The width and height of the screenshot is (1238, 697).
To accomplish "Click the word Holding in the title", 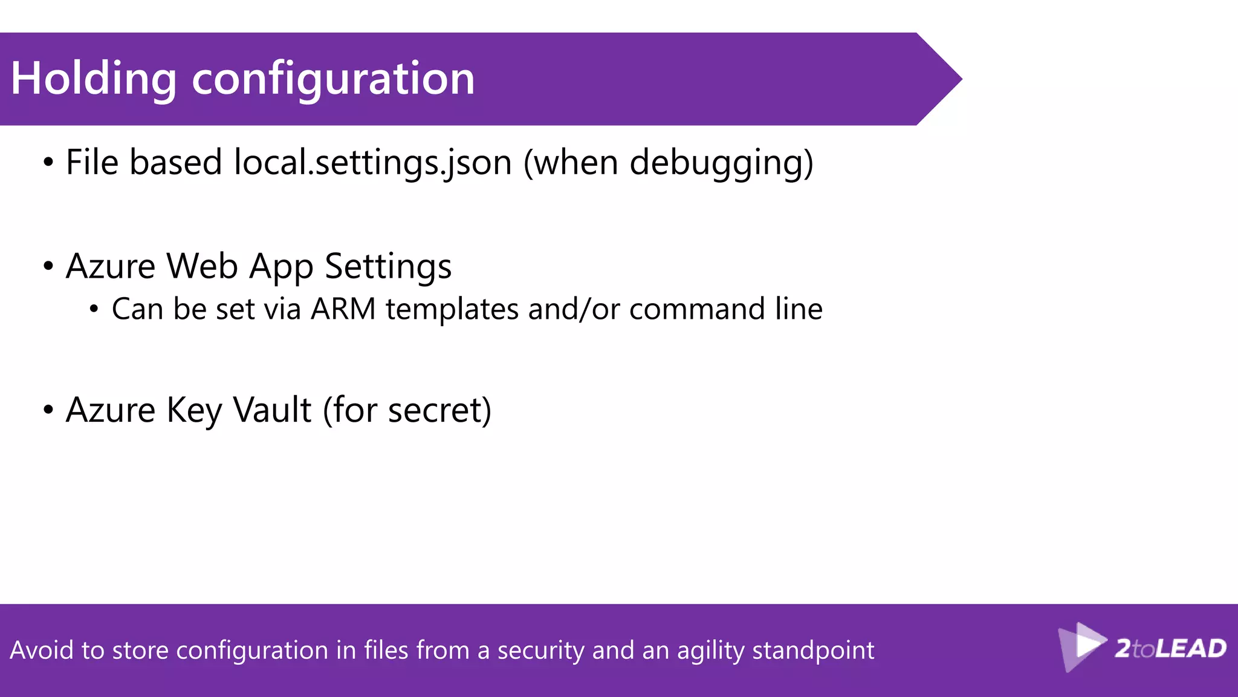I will pos(94,79).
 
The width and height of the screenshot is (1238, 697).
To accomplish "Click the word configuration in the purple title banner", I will pos(333,79).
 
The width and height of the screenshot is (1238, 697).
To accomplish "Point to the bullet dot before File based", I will pos(48,163).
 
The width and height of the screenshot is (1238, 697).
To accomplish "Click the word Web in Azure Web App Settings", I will pos(202,266).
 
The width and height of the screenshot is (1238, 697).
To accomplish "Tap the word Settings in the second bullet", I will pos(388,266).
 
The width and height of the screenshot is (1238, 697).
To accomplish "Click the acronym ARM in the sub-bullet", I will pos(343,309).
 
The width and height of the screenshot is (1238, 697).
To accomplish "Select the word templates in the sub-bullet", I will pos(452,309).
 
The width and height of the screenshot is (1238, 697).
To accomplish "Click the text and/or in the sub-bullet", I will pos(574,309).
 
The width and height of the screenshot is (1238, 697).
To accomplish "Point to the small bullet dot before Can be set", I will pos(94,310).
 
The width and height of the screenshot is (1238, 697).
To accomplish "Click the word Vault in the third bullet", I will pos(272,410).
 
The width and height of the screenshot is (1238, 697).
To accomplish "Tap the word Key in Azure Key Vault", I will pos(193,410).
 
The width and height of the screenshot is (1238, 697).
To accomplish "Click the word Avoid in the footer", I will pos(41,650).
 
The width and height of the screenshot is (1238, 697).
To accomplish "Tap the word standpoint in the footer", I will pos(813,650).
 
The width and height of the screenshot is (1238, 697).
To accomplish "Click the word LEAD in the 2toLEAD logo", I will pos(1191,649).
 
